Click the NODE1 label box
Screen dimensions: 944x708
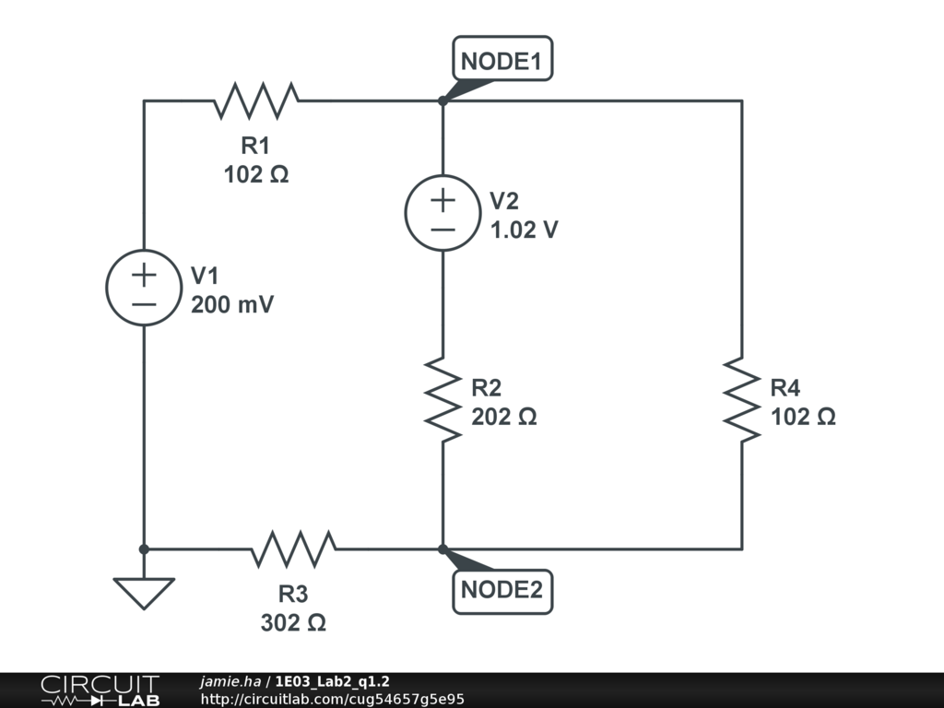pos(502,58)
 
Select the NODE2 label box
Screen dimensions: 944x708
pos(502,591)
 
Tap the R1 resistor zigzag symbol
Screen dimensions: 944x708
pos(256,101)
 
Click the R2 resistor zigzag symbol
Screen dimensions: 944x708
pos(443,400)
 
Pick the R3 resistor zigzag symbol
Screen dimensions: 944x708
pos(294,549)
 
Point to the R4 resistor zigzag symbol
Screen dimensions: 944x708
pos(742,400)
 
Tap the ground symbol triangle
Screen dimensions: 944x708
pos(144,594)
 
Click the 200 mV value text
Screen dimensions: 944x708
pos(232,304)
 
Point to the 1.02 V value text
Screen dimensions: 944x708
pos(525,230)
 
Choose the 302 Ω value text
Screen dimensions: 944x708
pos(294,622)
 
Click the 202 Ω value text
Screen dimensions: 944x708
pos(504,417)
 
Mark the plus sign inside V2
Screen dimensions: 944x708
pos(443,200)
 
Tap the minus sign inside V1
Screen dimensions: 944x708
pos(144,304)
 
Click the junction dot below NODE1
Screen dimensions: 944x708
pos(443,101)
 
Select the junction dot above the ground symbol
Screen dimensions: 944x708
pos(144,549)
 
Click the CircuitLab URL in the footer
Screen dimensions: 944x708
pos(332,699)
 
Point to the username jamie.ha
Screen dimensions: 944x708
pos(230,681)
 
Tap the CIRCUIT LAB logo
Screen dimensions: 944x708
pos(100,690)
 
